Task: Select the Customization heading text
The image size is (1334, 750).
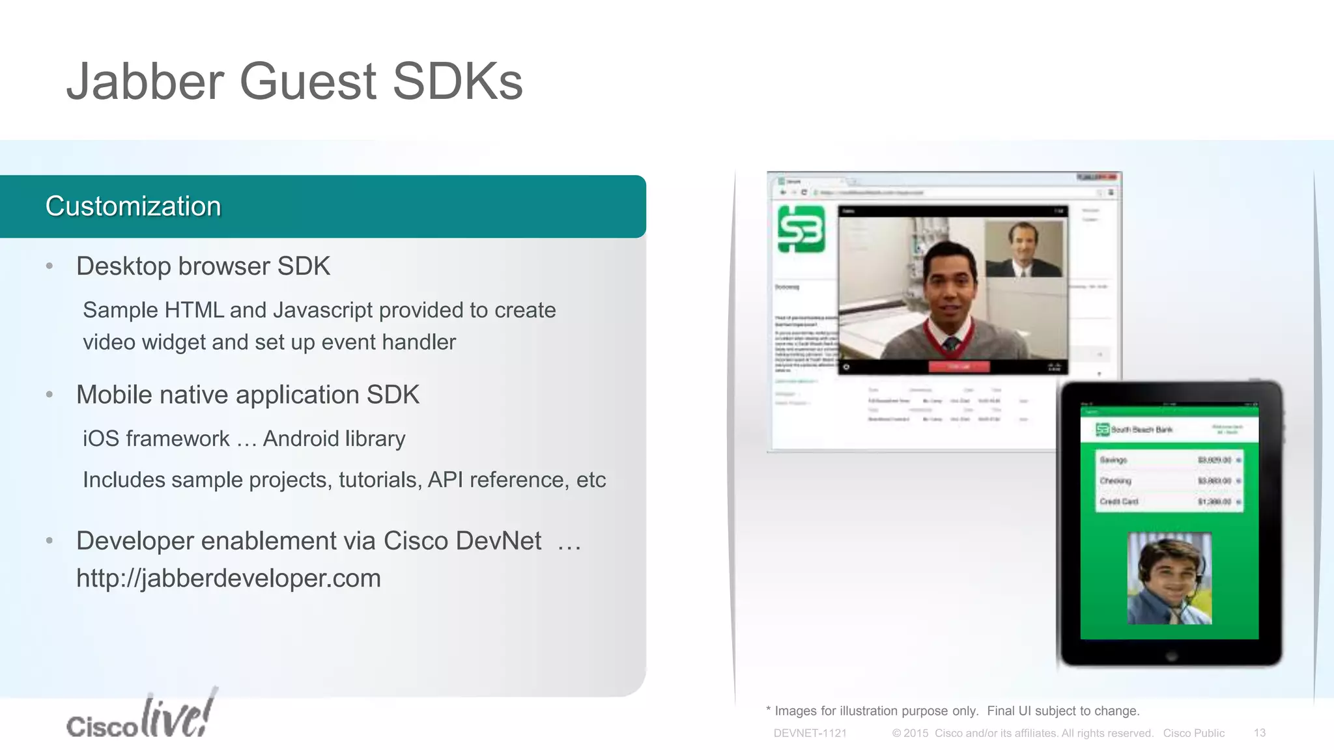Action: pos(134,206)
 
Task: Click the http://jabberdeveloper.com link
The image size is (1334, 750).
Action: pos(229,578)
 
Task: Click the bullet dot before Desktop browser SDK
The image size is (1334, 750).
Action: pos(50,266)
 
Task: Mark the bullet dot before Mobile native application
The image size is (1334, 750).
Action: pos(50,395)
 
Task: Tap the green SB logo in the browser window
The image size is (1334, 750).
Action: pos(801,229)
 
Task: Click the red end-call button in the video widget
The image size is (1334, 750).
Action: pos(959,367)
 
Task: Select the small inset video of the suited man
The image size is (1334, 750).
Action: pos(1023,249)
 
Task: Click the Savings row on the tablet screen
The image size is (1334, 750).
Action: pos(1169,460)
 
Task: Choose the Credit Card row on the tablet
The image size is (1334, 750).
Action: pos(1169,502)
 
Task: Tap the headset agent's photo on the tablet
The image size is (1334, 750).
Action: pos(1169,578)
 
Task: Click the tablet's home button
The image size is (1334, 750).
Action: pos(1170,656)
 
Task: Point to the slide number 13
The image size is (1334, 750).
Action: pos(1259,733)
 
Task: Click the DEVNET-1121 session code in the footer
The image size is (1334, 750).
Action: pos(810,733)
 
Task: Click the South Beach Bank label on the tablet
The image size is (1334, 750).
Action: pos(1141,430)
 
